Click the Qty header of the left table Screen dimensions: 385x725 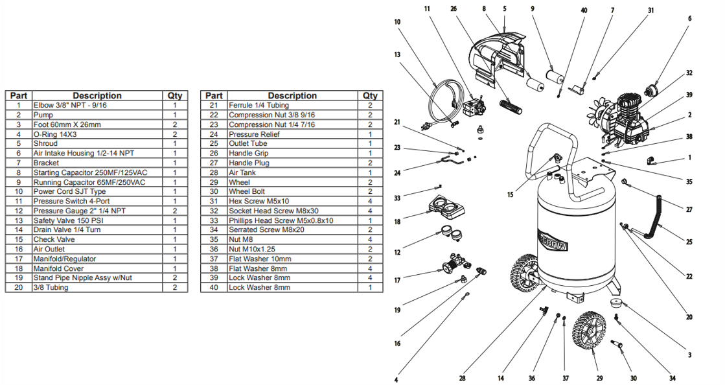[x=175, y=95]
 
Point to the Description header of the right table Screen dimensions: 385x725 [x=292, y=95]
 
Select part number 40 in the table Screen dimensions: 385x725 [x=214, y=287]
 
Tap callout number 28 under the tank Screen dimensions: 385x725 [x=463, y=378]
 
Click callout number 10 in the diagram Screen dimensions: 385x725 [x=397, y=22]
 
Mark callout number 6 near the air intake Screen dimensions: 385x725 [x=689, y=18]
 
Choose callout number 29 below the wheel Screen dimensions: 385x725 [x=599, y=378]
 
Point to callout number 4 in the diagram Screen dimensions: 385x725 [x=397, y=379]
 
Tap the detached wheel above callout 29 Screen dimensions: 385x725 [x=591, y=331]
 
